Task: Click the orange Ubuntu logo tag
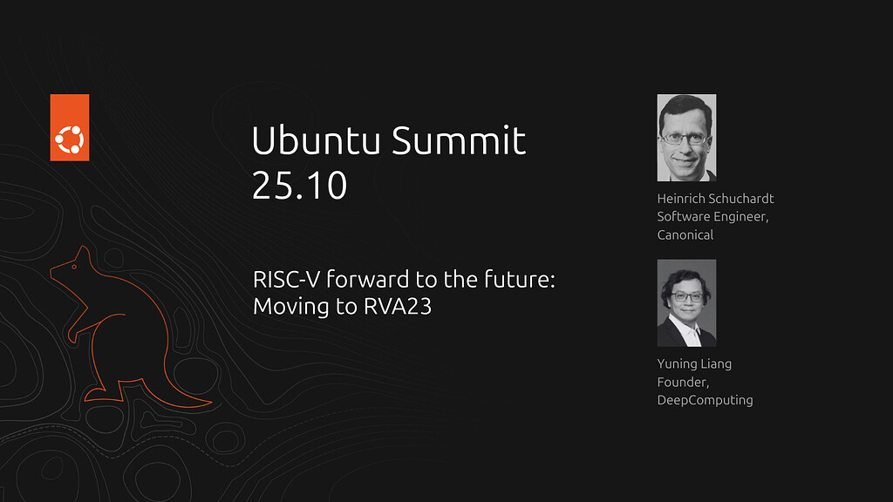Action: [70, 127]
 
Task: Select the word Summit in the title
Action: [459, 140]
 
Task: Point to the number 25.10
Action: [300, 185]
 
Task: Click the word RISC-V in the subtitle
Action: [286, 280]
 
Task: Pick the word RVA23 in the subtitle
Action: [398, 306]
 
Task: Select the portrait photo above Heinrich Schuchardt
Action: [686, 138]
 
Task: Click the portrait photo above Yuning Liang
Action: [686, 302]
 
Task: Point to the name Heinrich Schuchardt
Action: [715, 198]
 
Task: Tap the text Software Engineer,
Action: [713, 217]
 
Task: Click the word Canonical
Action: [685, 234]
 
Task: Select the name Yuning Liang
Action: [694, 363]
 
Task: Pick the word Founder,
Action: [683, 382]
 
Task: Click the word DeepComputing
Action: [705, 400]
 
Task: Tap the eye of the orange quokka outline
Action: [74, 267]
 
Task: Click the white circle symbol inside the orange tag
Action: [70, 139]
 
